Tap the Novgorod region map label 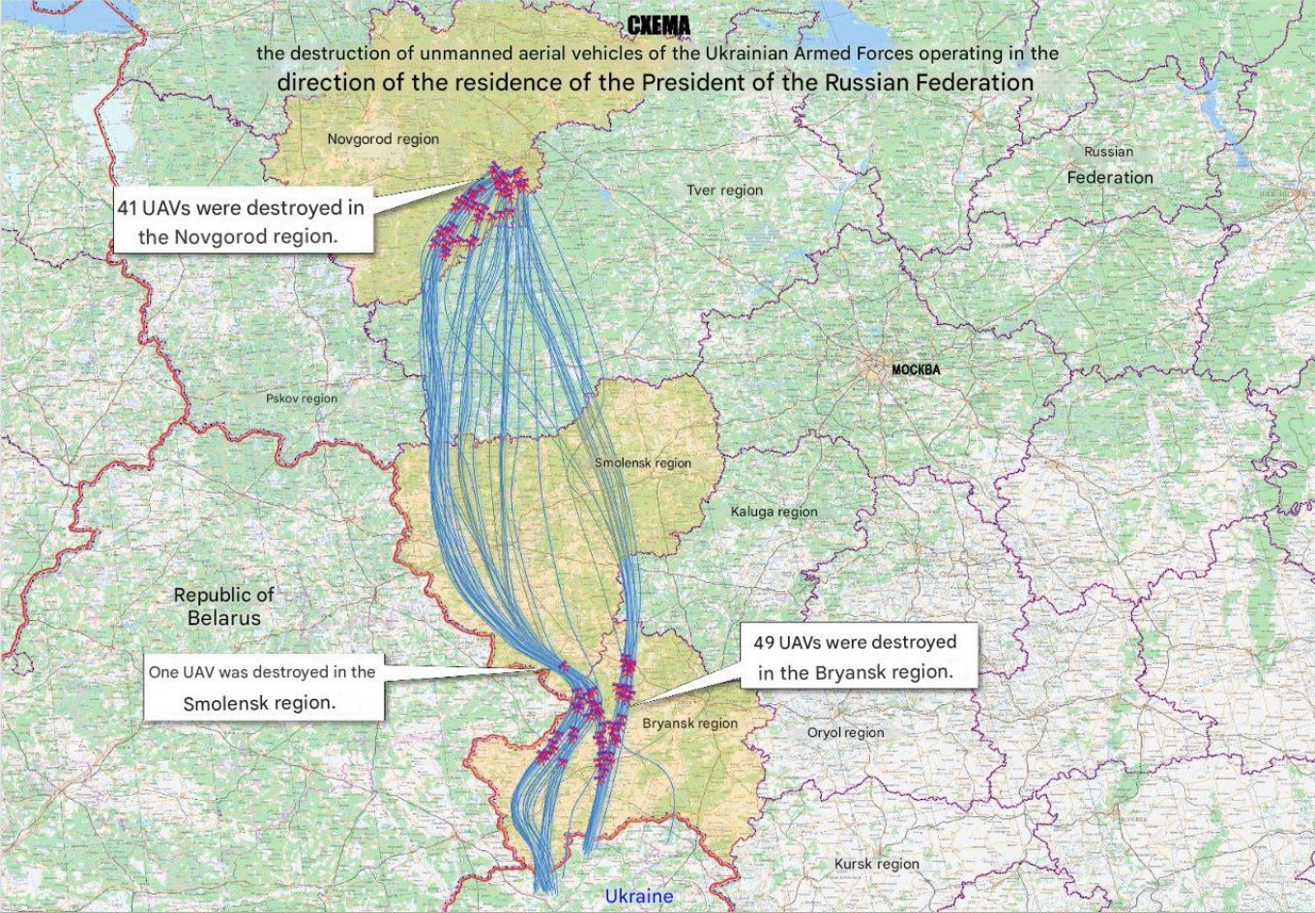tap(383, 139)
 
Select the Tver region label tap(724, 191)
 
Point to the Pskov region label tap(302, 398)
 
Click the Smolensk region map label tap(643, 463)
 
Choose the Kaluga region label tap(774, 512)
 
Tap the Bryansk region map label tap(689, 723)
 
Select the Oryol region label tap(845, 732)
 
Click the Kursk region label tap(876, 864)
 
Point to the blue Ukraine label tap(638, 897)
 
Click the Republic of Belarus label tap(224, 606)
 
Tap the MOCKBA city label tap(915, 369)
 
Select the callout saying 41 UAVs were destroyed tap(242, 222)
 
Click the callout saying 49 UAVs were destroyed tap(855, 657)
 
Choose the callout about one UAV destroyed tap(262, 688)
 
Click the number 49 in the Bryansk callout tap(764, 643)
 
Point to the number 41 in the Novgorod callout tap(128, 208)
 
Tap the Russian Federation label tap(1109, 165)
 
